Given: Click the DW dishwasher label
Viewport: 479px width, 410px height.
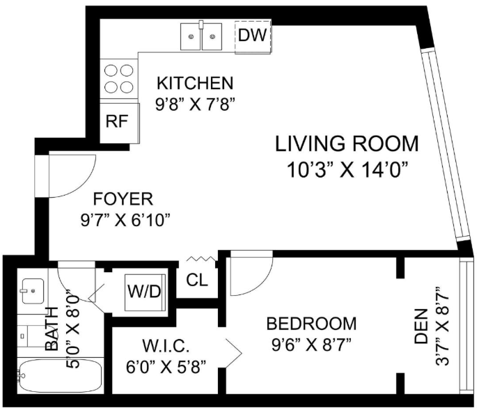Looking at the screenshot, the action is coord(252,35).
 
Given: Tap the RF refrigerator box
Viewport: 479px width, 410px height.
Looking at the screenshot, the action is coord(120,123).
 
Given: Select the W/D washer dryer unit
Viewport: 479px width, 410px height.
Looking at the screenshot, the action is coord(145,292).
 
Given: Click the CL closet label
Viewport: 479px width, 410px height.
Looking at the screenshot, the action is coord(197,281).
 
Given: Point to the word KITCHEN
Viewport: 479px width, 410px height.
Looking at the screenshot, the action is coord(195,83).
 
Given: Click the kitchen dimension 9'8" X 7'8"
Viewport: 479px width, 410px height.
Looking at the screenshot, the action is coord(195,105).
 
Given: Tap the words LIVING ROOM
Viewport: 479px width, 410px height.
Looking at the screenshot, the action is coord(347,143).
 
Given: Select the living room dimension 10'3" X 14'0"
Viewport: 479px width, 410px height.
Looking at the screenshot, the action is coord(348,170).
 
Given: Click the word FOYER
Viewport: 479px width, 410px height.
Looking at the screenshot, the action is coord(123,199).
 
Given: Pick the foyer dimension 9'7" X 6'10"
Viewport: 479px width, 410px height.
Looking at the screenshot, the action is coord(125,220).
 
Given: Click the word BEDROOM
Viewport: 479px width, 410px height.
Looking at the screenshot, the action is coord(312,324).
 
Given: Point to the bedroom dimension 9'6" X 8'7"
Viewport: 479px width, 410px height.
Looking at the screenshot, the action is coord(311,345).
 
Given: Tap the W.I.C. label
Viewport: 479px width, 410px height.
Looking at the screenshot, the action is coord(166,346).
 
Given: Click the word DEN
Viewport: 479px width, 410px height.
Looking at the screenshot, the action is coord(421,326).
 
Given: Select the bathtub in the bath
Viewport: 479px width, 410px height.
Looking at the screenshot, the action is coord(60,376).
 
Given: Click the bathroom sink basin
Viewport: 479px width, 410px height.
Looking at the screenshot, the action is coord(33,291).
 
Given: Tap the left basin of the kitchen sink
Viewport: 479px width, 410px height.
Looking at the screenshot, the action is coord(191,37).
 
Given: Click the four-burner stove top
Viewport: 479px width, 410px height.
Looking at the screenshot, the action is coord(120,79).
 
